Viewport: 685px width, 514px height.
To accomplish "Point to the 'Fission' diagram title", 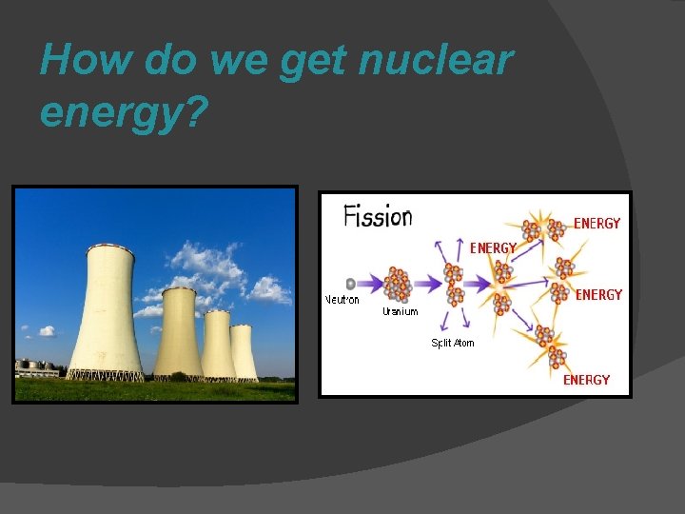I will [x=378, y=216].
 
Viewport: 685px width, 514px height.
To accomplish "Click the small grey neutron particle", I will [x=351, y=284].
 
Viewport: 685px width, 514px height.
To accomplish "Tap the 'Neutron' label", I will [x=342, y=300].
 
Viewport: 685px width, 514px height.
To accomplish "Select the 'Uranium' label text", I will [x=400, y=312].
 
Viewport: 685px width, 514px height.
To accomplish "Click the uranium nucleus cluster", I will [x=399, y=284].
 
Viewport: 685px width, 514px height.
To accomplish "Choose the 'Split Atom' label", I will [x=453, y=343].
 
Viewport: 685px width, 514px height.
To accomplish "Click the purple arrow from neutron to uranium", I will [x=370, y=284].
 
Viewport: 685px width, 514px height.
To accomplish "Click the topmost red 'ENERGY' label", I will [x=597, y=224].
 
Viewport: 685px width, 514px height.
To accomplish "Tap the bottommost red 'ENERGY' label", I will [x=586, y=380].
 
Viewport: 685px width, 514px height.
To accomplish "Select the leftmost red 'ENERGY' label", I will [x=494, y=247].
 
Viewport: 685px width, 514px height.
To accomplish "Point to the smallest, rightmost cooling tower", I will [x=243, y=352].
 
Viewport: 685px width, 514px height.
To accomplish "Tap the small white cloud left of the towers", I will [x=46, y=332].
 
